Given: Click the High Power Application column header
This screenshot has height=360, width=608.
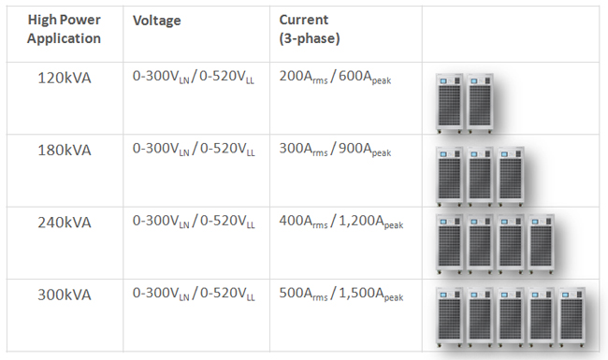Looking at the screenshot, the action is pyautogui.click(x=64, y=29).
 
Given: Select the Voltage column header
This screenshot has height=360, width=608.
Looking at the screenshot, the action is pyautogui.click(x=156, y=21).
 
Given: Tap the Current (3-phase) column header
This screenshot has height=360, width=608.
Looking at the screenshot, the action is pyautogui.click(x=310, y=29).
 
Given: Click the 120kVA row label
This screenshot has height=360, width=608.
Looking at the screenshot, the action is pyautogui.click(x=65, y=78).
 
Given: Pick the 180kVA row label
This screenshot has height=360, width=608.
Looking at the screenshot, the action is pyautogui.click(x=65, y=150).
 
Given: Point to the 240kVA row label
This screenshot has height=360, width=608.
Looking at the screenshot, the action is pyautogui.click(x=65, y=223).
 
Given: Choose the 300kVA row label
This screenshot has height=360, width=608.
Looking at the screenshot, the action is pyautogui.click(x=65, y=295).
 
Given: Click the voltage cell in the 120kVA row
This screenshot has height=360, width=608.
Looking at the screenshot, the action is pyautogui.click(x=194, y=77).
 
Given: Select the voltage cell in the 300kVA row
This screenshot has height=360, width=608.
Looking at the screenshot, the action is pyautogui.click(x=194, y=294).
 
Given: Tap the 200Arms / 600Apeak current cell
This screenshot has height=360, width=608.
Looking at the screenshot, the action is pyautogui.click(x=335, y=77).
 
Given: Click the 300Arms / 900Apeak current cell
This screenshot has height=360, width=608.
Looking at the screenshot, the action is pyautogui.click(x=335, y=150).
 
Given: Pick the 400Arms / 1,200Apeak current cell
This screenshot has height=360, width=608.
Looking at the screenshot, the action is pyautogui.click(x=341, y=222).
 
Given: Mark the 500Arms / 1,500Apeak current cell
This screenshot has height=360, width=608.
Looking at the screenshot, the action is pyautogui.click(x=341, y=295).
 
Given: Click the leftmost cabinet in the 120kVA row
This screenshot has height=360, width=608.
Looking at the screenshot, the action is pyautogui.click(x=449, y=103).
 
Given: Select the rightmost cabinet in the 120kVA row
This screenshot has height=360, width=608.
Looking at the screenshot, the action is pyautogui.click(x=480, y=103).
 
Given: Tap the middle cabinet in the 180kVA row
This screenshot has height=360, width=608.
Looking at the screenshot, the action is pyautogui.click(x=480, y=177).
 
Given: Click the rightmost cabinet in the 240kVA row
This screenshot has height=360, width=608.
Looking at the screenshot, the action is pyautogui.click(x=541, y=244).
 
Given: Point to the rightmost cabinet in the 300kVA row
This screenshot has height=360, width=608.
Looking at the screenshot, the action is pyautogui.click(x=572, y=317).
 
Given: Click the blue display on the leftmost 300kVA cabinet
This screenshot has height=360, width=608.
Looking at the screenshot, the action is pyautogui.click(x=443, y=295).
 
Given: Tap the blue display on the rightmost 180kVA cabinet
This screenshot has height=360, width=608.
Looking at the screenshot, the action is pyautogui.click(x=504, y=154).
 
